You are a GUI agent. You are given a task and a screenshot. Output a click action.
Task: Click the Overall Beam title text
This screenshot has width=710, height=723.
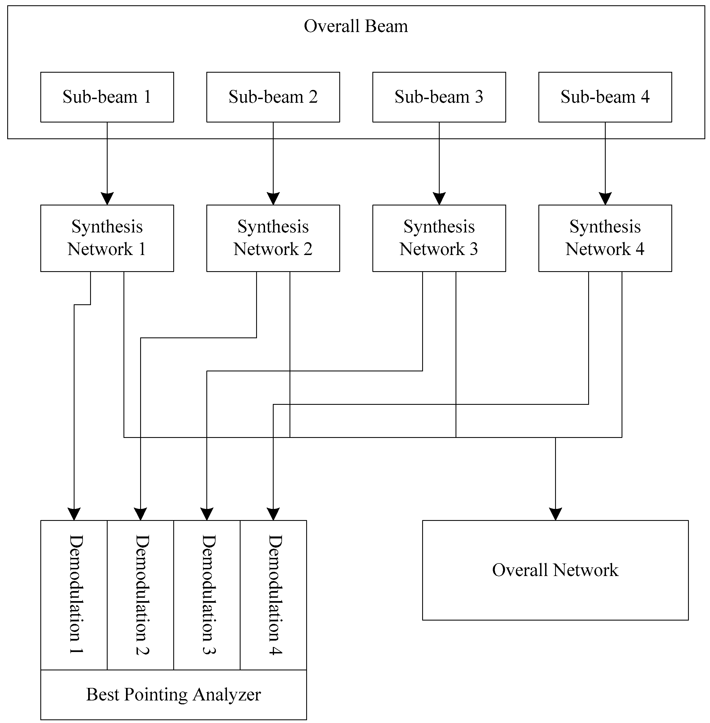(x=355, y=26)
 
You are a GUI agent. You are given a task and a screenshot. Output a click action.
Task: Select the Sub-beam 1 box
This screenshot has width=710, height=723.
(x=107, y=97)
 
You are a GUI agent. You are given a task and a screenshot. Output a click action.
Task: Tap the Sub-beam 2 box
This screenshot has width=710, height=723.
(x=273, y=97)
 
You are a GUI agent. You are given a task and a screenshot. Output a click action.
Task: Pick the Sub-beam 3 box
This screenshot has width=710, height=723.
(x=439, y=97)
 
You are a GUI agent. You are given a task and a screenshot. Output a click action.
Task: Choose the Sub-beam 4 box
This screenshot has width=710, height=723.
(x=605, y=97)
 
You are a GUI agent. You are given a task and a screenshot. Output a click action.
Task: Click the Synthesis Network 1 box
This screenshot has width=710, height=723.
(x=107, y=238)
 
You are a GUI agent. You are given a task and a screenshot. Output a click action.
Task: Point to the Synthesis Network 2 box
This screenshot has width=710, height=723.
(x=273, y=238)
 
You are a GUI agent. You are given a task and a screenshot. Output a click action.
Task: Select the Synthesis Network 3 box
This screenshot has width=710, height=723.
(x=439, y=238)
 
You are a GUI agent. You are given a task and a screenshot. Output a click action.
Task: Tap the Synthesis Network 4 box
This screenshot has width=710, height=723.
(x=605, y=238)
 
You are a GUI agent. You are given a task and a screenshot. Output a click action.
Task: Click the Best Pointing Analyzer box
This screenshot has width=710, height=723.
(x=174, y=694)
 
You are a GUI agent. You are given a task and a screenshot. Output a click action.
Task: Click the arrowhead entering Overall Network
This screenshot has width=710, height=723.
(x=555, y=514)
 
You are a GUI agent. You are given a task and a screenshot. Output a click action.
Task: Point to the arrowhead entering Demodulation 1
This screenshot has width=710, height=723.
(x=74, y=514)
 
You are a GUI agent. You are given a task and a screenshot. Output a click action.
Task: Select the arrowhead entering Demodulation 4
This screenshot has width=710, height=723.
(x=273, y=514)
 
